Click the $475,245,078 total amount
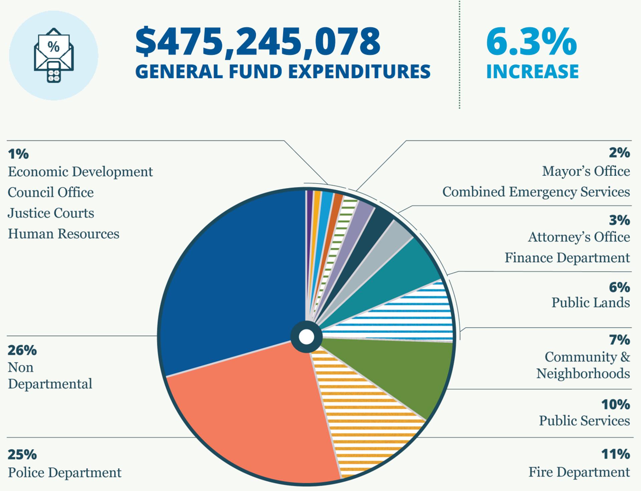pos(257,42)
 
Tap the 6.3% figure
pos(531,42)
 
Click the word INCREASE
pos(532,71)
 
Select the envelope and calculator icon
pos(53,55)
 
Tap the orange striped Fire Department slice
pos(361,418)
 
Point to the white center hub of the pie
pos(306,337)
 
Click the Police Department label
pos(64,472)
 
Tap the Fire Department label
pos(579,472)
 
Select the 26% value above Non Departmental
pos(22,350)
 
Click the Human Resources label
pos(63,234)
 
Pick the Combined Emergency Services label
pos(536,192)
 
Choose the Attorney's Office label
pos(579,237)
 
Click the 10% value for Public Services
pos(615,404)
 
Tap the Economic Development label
pos(80,172)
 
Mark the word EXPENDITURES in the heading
pos(357,71)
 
